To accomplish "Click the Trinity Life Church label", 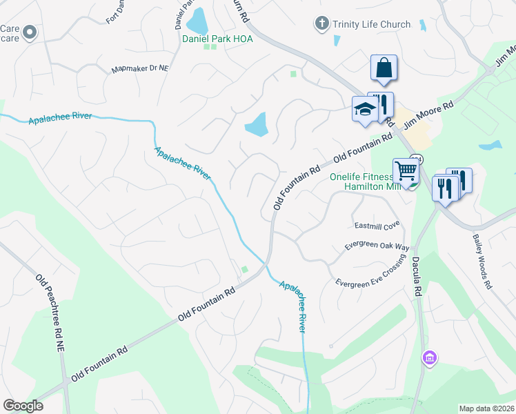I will coord(371,25).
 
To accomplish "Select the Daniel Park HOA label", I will coord(217,39).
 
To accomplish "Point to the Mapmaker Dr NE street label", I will coord(140,70).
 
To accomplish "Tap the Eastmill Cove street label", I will coord(377,225).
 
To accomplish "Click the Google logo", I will coord(23,406).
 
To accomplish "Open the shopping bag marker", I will coord(384,68).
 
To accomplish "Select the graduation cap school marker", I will coord(364,108).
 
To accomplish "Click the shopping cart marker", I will coord(406,170).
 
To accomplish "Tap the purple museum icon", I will coord(429,358).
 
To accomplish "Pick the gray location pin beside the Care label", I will coord(30,32).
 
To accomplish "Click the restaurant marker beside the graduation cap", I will coord(381,104).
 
